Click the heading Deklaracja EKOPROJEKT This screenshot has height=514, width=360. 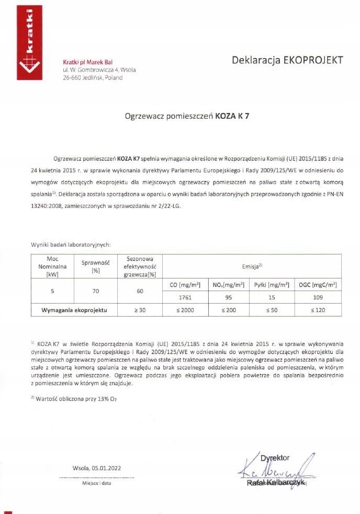(287, 60)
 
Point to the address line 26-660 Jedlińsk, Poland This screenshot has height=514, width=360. (93, 77)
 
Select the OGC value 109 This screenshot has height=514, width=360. (318, 297)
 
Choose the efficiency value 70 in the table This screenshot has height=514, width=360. (95, 291)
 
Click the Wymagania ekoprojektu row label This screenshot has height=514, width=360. (74, 310)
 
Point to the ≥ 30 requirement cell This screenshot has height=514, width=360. (139, 310)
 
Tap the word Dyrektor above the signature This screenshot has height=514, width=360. (275, 458)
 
